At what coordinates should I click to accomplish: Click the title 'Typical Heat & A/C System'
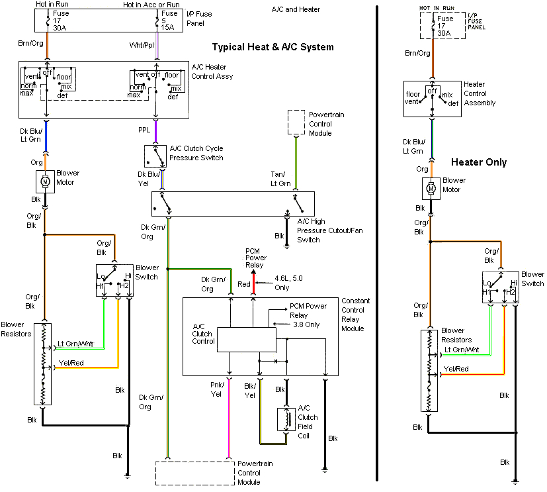coord(273,47)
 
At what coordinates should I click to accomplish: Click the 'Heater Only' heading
coord(479,162)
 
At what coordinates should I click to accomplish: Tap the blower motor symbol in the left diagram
coord(45,180)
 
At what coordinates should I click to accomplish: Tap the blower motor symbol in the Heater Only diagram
coord(431,188)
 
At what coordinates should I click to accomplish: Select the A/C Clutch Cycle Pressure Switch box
coord(156,156)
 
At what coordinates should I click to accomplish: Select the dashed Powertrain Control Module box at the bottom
coord(195,473)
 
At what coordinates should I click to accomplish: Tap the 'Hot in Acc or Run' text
coord(150,5)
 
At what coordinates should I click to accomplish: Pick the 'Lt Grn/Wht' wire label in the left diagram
coord(75,344)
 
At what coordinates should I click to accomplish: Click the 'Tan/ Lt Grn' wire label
coord(280,179)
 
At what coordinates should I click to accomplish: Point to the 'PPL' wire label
coord(144,130)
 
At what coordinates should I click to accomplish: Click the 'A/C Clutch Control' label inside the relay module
coord(203,334)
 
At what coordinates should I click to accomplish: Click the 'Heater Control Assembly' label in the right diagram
coord(480,93)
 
